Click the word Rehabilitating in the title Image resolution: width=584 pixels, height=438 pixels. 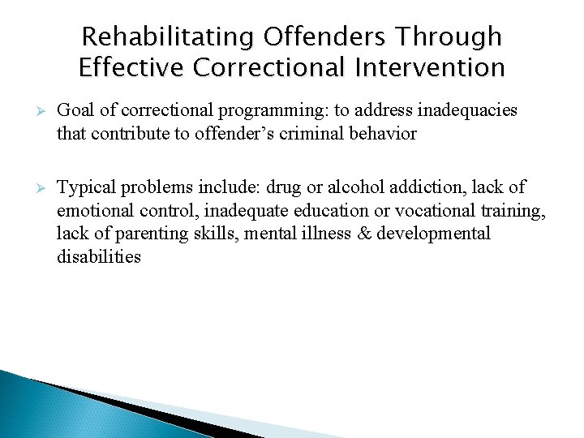(169, 36)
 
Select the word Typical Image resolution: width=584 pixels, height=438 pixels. (87, 187)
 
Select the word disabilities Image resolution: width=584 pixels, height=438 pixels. (99, 257)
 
